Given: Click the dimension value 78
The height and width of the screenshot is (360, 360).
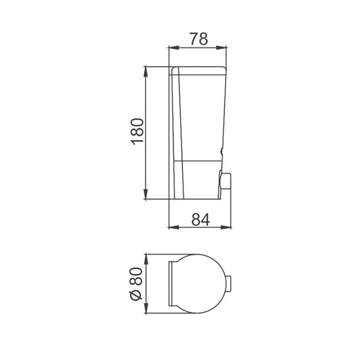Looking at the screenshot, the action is (199, 39).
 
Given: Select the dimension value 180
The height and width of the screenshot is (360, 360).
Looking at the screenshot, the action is (137, 132).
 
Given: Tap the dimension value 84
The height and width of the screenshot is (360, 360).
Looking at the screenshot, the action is (201, 220).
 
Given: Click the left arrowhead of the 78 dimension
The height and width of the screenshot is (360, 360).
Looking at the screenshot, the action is (174, 48).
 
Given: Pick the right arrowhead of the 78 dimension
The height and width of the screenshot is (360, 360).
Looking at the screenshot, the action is (221, 48).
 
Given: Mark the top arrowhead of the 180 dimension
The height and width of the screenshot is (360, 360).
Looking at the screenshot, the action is (145, 71).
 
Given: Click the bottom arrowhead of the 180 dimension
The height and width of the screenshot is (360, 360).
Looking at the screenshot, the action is (145, 194).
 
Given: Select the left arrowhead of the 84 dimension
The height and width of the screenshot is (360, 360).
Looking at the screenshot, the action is (174, 227).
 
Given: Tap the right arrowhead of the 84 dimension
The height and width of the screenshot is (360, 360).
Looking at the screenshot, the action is (226, 227).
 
